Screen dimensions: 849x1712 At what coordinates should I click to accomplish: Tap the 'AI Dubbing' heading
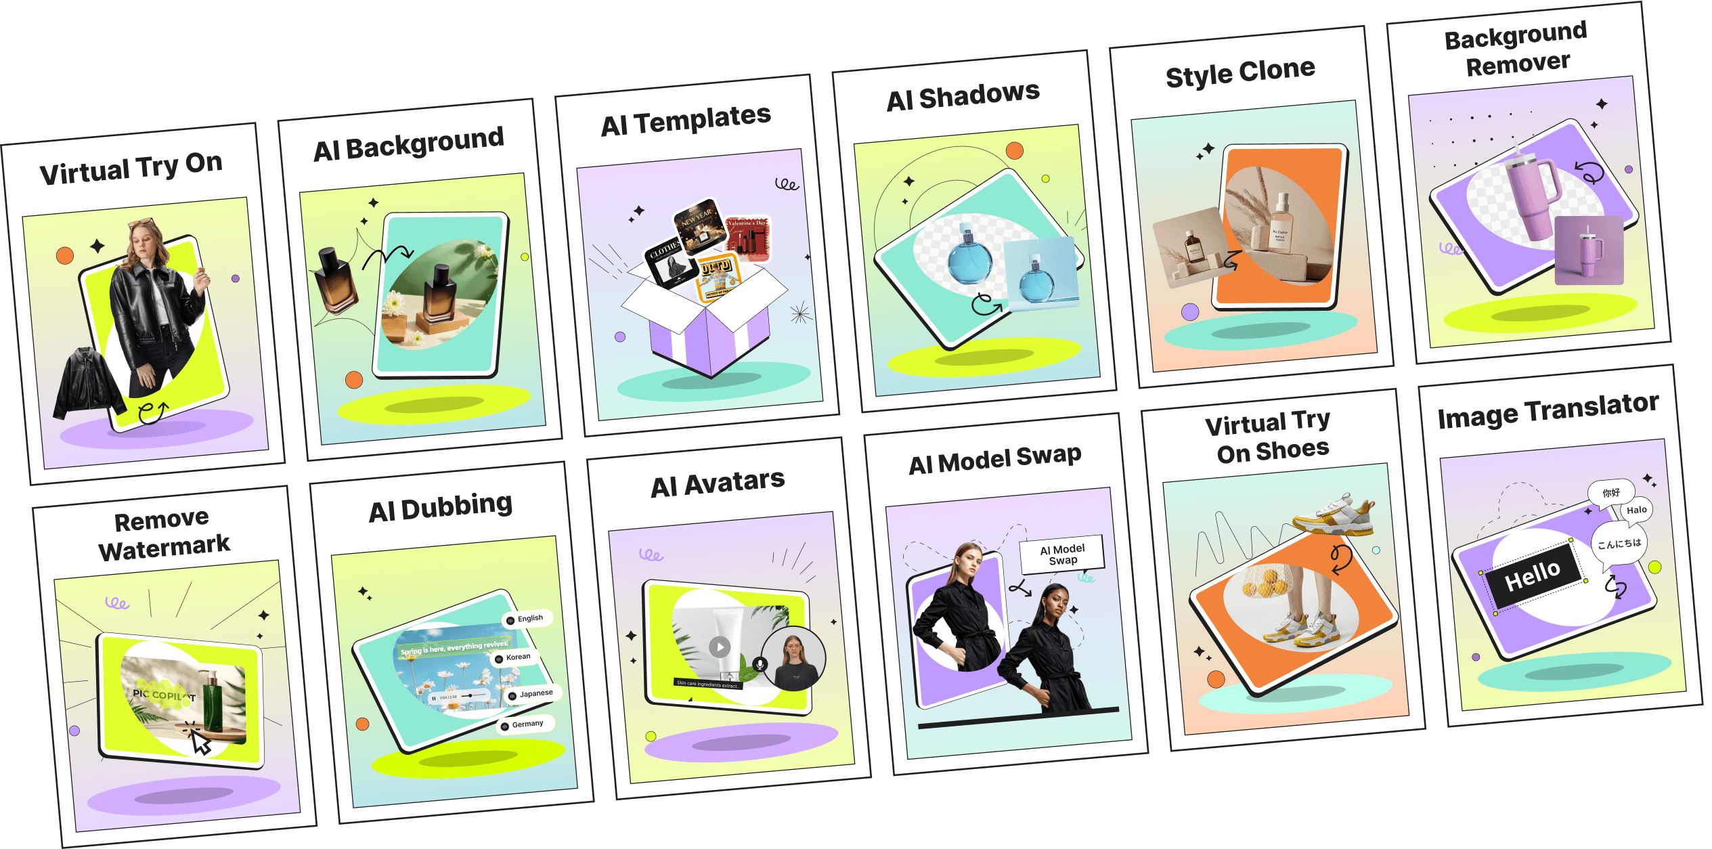point(441,508)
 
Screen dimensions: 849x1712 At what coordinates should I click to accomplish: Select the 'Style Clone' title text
point(1240,72)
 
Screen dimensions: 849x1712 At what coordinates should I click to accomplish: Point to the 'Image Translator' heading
point(1548,410)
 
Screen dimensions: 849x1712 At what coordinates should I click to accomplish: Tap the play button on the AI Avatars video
point(720,647)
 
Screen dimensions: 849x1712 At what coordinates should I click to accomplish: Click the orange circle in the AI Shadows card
point(1014,151)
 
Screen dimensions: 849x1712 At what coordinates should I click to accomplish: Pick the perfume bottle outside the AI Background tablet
point(336,281)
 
